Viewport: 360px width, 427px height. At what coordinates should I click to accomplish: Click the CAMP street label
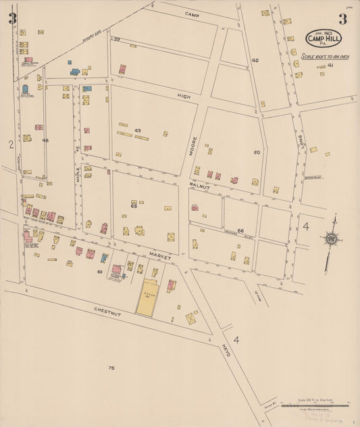[x=192, y=14]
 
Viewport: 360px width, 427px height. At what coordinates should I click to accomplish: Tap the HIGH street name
[x=184, y=96]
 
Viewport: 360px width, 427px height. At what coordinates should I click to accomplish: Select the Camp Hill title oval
[x=324, y=38]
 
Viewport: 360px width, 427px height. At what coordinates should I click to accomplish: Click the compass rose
[x=331, y=238]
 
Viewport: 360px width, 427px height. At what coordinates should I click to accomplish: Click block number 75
[x=111, y=368]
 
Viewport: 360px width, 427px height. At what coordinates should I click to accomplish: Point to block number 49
[x=138, y=130]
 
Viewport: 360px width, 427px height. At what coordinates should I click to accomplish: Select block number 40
[x=255, y=60]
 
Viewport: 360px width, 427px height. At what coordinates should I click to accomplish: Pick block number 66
[x=240, y=230]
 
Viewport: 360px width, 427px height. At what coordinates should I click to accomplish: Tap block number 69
[x=99, y=272]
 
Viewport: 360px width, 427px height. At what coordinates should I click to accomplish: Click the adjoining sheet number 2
[x=11, y=144]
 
